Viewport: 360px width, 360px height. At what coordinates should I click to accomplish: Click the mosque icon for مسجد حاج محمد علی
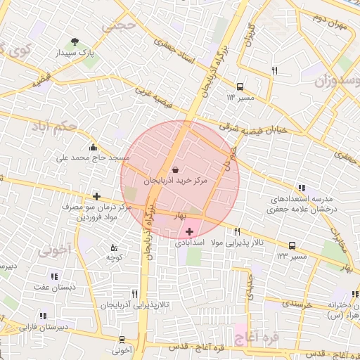click(94, 147)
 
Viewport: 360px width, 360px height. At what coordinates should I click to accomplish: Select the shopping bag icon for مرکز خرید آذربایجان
click(175, 169)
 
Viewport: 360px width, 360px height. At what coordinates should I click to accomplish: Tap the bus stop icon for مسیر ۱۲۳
click(292, 245)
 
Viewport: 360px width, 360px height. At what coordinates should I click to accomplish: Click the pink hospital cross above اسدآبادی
click(189, 231)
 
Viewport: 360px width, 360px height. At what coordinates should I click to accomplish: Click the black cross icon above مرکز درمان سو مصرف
click(96, 196)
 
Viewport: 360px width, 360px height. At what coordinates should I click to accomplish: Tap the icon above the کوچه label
click(114, 247)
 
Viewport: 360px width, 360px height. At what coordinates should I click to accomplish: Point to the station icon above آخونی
click(122, 339)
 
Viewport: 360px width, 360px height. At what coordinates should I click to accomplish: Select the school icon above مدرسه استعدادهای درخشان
click(302, 187)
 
